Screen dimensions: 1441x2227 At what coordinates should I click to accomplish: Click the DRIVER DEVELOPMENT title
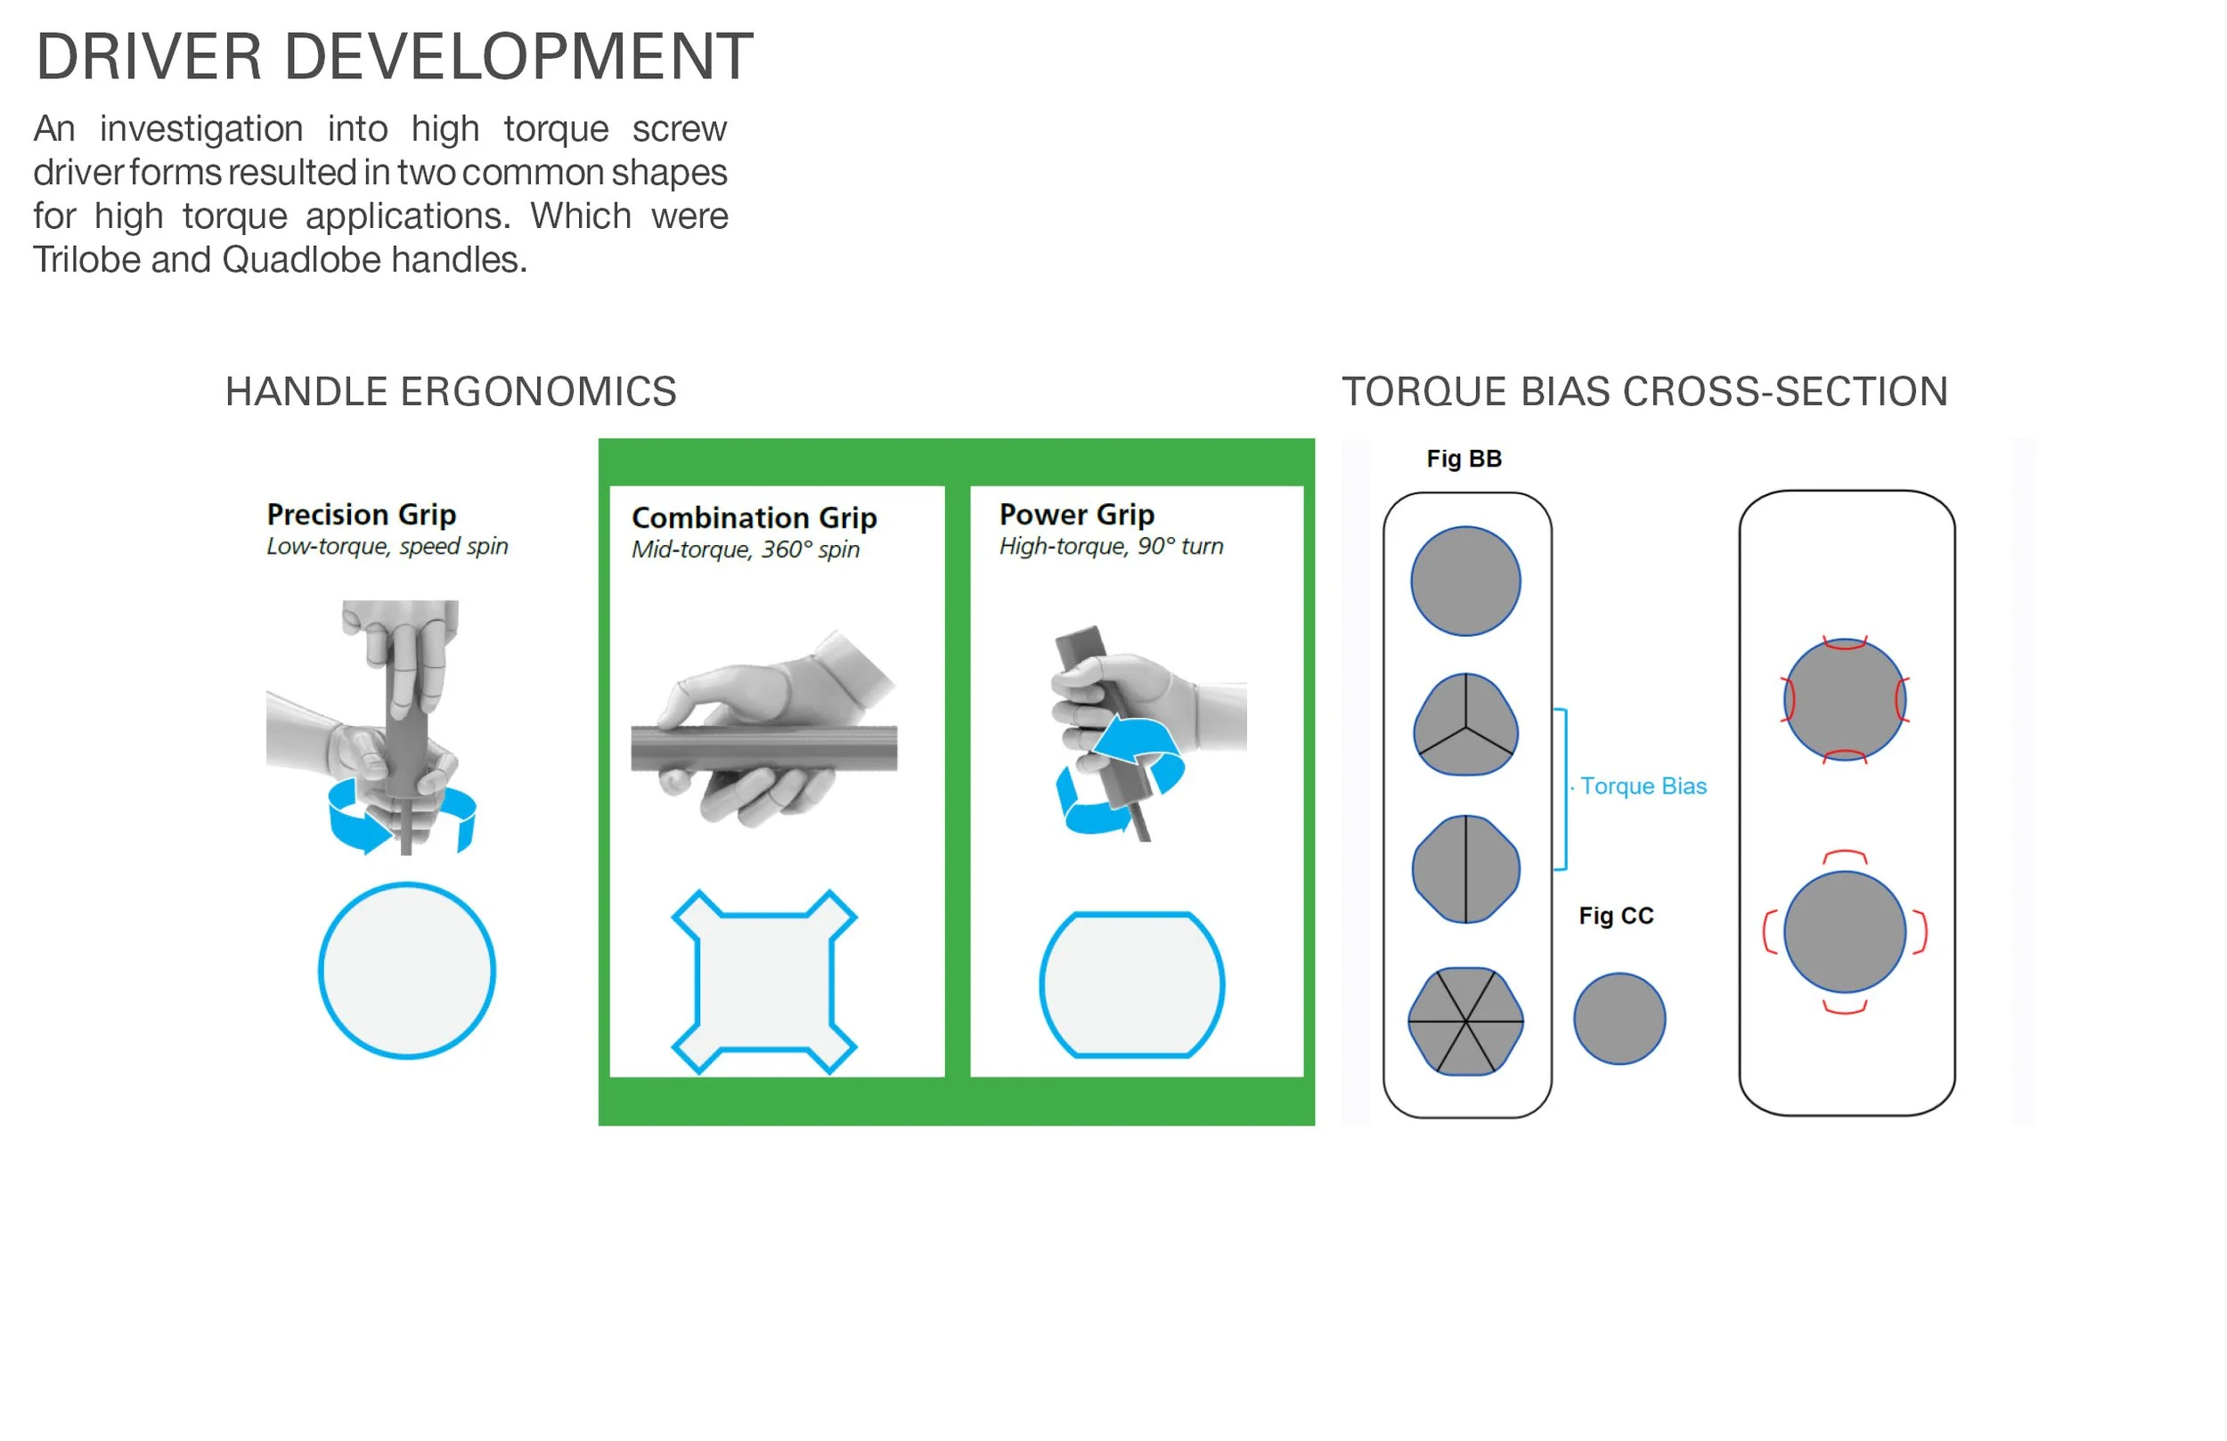point(394,57)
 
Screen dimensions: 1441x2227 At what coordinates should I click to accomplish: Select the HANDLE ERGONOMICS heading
point(450,391)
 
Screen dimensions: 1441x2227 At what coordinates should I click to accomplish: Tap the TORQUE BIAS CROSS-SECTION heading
point(1644,391)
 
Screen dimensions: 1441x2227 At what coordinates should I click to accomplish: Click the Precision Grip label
point(361,514)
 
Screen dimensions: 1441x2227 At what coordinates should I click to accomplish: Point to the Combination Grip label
point(754,517)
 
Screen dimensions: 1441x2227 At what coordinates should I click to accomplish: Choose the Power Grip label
point(1076,514)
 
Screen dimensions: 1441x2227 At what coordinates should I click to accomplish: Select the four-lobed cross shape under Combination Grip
point(763,981)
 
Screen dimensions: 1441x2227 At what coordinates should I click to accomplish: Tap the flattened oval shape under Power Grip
point(1131,984)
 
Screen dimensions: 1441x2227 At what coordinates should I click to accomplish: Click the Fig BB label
point(1464,459)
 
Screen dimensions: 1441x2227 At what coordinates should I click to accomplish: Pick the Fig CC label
point(1616,916)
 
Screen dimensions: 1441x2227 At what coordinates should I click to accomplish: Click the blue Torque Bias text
point(1644,786)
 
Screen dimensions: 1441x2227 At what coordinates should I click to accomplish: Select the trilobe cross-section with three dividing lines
point(1465,724)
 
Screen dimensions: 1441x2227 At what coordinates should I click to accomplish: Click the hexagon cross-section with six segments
point(1465,1021)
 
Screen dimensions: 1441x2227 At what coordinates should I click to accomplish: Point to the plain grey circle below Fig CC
point(1619,1019)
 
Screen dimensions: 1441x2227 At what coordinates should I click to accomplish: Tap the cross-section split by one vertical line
point(1465,869)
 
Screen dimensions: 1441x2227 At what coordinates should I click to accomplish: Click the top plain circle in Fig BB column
point(1465,581)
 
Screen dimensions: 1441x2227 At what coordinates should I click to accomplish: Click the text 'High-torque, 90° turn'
point(1111,546)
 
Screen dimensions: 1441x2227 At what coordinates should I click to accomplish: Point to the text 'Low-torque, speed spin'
point(387,546)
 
